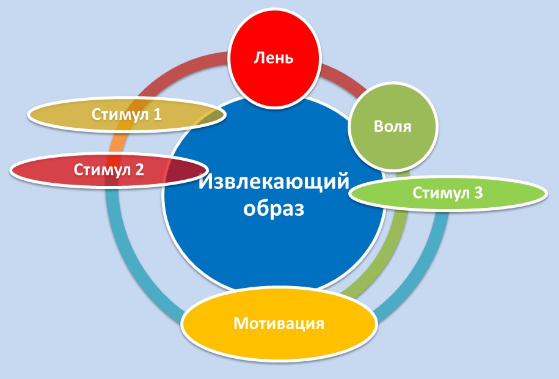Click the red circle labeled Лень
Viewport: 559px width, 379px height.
coord(274,59)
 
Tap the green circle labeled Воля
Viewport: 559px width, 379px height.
coord(392,127)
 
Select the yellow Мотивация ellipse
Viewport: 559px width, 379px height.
coord(279,324)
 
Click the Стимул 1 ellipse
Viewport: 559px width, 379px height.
coord(126,114)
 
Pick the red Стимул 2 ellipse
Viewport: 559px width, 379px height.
coord(109,170)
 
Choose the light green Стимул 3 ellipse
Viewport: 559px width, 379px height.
coord(448,193)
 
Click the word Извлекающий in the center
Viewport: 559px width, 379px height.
coord(274,182)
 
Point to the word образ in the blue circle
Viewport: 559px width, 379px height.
coord(274,208)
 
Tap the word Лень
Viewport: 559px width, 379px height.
coord(274,57)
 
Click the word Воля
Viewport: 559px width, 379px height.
coord(392,127)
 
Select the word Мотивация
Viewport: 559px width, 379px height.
coord(279,323)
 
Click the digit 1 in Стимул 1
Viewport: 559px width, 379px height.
coord(157,114)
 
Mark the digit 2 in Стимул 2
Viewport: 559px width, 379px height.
coord(139,170)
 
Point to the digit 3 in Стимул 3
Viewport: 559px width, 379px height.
coord(478,193)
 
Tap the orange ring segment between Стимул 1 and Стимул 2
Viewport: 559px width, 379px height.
coord(116,143)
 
